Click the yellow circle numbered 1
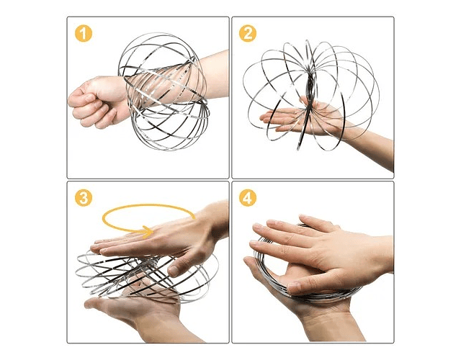84,34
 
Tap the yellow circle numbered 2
248,34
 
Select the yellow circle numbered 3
84,198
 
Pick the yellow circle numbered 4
248,198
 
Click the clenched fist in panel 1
94,102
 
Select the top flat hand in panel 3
158,238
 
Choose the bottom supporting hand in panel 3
135,309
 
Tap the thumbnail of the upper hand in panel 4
294,287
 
